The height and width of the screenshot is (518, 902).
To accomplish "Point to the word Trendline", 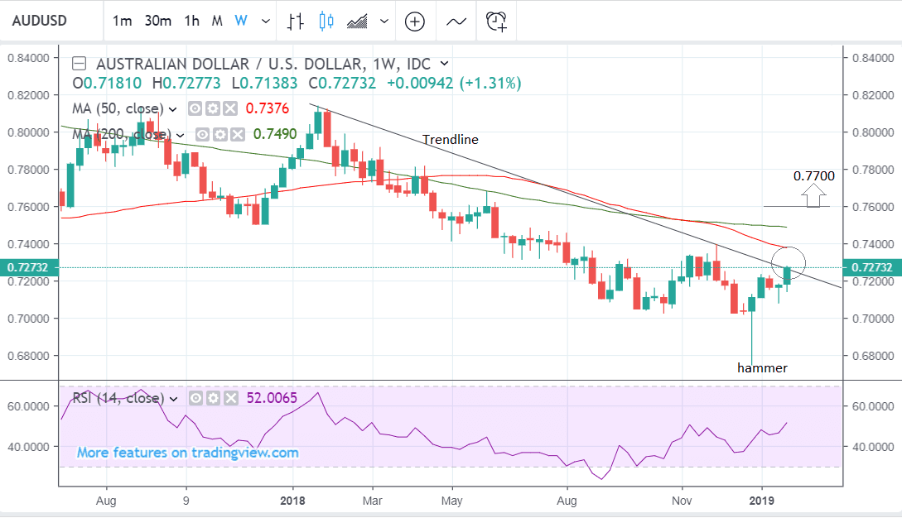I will point(451,140).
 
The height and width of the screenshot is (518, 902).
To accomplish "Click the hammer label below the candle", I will point(762,367).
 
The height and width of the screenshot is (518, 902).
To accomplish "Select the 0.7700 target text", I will point(813,175).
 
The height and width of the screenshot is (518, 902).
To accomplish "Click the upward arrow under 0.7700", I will point(814,195).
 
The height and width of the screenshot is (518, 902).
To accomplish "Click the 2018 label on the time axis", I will point(292,500).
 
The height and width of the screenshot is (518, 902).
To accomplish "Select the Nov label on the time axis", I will point(682,500).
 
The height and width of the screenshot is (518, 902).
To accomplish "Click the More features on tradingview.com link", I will point(187,453).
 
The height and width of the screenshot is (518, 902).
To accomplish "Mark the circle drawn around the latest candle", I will point(788,263).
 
